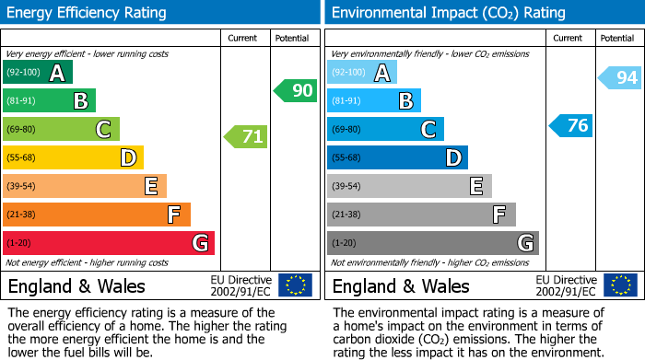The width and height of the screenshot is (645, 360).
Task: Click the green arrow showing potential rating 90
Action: (x=295, y=90)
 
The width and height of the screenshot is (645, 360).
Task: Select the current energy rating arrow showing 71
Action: (x=246, y=137)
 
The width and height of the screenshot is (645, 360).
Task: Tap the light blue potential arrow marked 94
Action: (x=619, y=78)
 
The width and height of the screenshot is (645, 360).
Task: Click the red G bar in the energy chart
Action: (x=108, y=243)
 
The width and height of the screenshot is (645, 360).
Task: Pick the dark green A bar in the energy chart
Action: (x=37, y=73)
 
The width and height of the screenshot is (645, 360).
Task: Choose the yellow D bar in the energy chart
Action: (x=73, y=157)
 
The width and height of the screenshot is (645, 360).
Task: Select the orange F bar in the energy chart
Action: (x=96, y=215)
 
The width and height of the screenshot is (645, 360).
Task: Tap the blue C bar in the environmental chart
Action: (x=384, y=129)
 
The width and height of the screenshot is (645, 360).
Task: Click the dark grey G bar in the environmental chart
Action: (x=432, y=243)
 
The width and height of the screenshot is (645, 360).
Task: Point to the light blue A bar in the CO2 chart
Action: (x=361, y=73)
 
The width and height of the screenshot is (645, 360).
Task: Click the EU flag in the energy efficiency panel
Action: (x=295, y=285)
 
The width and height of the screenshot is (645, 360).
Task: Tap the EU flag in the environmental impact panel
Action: (x=619, y=285)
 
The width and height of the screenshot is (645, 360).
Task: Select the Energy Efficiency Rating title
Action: (x=88, y=13)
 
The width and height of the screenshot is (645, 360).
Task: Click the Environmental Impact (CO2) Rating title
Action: (x=448, y=13)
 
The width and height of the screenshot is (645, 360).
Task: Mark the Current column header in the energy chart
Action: (x=244, y=38)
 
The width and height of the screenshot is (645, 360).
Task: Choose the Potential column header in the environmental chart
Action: (x=616, y=38)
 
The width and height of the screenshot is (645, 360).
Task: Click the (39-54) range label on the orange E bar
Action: (x=22, y=186)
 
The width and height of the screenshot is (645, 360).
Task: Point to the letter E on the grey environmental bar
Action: (x=475, y=186)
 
